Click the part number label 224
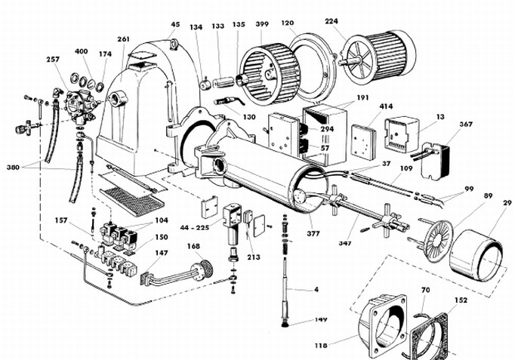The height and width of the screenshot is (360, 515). click(332, 21)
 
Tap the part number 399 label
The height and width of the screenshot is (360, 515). click(262, 24)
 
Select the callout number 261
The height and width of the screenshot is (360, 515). click(124, 39)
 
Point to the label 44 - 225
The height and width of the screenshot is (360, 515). click(194, 227)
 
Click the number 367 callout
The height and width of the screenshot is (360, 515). click(466, 124)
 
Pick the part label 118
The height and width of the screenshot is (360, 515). click(321, 345)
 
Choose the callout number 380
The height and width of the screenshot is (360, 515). click(13, 168)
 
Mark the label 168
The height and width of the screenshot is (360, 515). click(194, 246)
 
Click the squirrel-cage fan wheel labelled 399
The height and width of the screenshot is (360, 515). click(270, 75)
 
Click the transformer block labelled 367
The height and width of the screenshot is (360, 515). click(435, 161)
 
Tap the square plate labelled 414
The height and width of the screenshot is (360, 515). click(364, 141)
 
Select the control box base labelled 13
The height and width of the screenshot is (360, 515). click(402, 134)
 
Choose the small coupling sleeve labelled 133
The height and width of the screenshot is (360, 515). click(223, 82)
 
